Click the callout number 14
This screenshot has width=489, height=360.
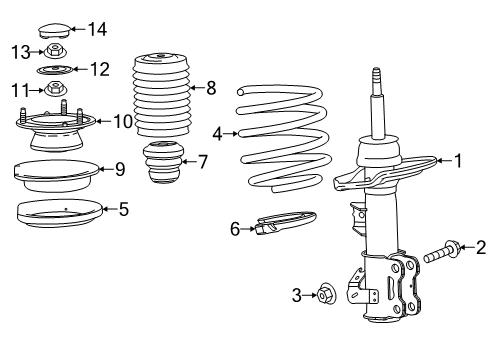(96, 29)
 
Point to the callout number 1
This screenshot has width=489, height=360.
(458, 160)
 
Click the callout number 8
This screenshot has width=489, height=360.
(210, 87)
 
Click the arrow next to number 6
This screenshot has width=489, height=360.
(248, 229)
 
